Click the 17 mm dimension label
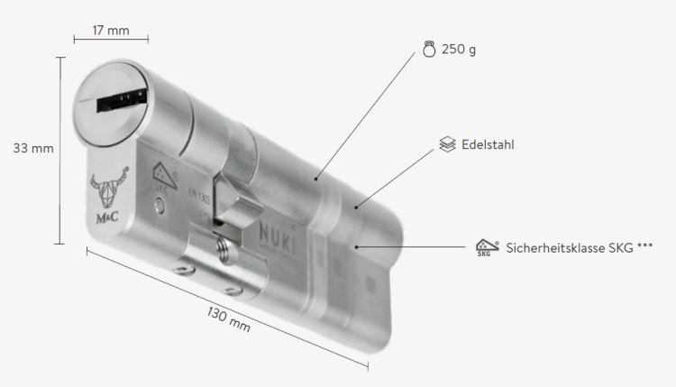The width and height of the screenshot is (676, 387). [x=112, y=31]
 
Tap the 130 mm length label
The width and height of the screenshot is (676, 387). [x=227, y=319]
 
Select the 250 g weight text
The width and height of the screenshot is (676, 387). [x=459, y=50]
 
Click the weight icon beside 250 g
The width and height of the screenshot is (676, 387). [x=429, y=50]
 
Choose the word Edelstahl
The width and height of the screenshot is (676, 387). [x=488, y=144]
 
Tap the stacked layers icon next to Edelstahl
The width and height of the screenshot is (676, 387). [x=446, y=144]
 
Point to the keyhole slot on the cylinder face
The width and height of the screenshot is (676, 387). [x=118, y=99]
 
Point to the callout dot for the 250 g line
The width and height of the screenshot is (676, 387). [x=316, y=180]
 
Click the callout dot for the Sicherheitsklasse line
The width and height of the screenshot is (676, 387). [x=359, y=245]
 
